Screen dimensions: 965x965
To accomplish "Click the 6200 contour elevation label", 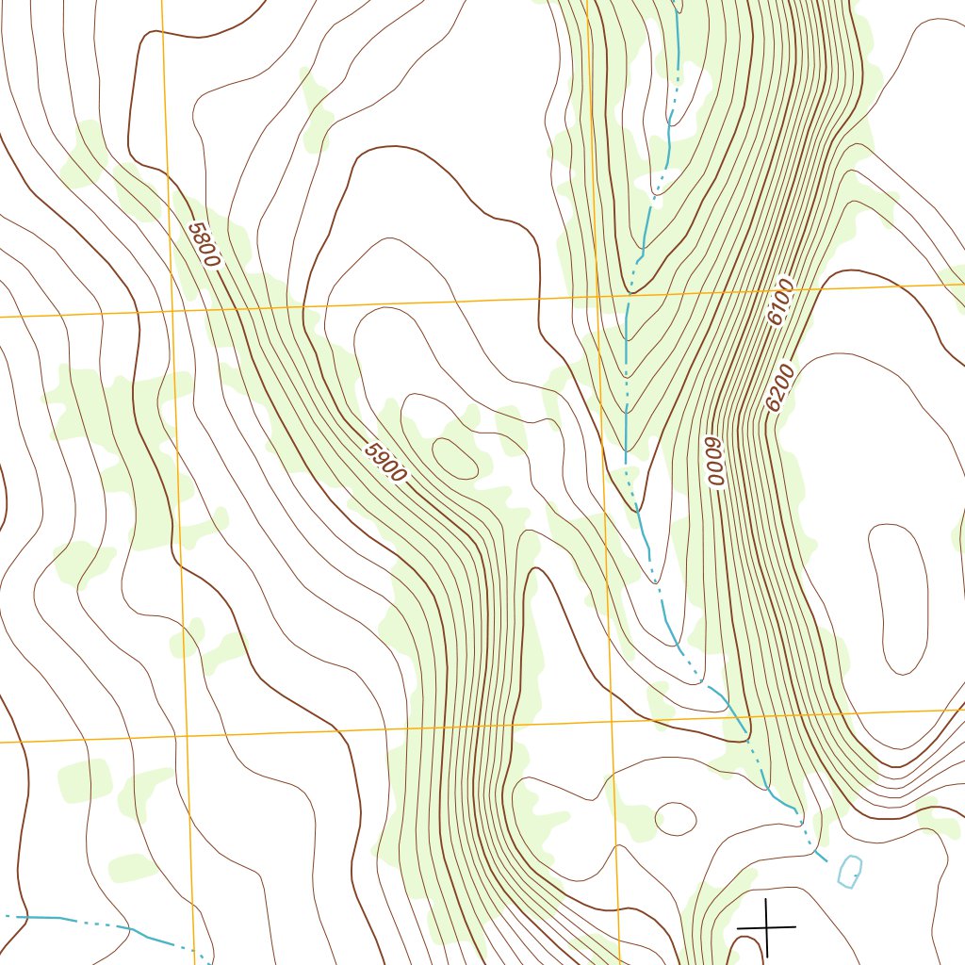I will coord(780,388).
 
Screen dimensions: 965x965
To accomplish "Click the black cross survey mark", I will coord(766,927).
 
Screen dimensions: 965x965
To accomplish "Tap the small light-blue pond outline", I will coord(849,871).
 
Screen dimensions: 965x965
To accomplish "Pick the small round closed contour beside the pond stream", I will coord(675,818).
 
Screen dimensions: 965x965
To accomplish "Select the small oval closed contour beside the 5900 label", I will coord(456,455).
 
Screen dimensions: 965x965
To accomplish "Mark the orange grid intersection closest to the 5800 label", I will coord(172,309).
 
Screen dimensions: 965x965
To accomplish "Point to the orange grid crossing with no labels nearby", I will coord(186,736).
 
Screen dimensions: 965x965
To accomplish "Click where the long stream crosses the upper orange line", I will coord(628,294).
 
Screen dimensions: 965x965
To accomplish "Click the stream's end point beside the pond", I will coord(826,859).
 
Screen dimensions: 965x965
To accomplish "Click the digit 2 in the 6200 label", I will coord(777,394).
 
